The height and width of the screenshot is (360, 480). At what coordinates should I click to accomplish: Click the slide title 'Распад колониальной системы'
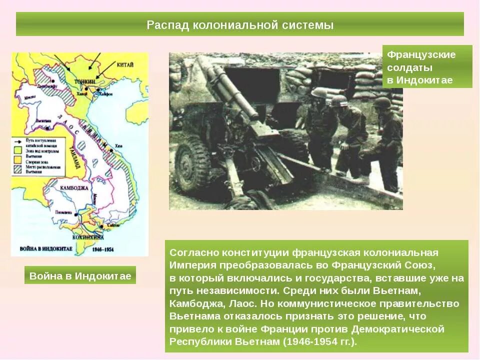(240, 25)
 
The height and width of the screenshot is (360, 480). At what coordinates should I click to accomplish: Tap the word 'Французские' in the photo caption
(421, 54)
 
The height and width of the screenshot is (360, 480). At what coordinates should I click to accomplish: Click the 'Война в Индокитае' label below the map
(80, 275)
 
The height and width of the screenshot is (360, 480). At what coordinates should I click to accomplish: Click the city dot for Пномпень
(76, 214)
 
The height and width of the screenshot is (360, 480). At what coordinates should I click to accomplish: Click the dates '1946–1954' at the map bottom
(103, 248)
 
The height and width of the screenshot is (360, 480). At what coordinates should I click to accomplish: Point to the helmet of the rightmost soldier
(382, 103)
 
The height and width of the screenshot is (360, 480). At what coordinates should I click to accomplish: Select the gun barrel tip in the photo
(205, 62)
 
